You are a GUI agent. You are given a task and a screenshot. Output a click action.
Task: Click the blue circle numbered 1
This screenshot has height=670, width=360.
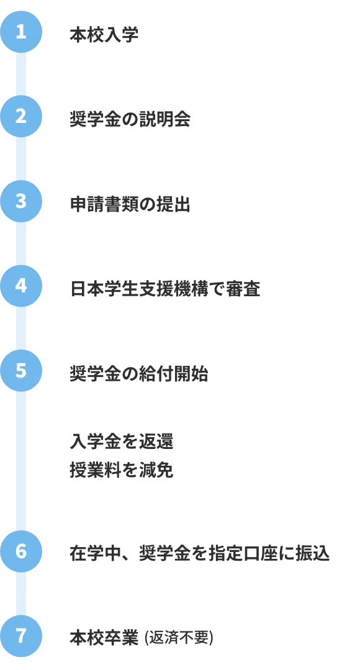click(x=21, y=32)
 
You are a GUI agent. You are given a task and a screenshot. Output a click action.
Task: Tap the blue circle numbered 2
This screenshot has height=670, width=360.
click(x=21, y=116)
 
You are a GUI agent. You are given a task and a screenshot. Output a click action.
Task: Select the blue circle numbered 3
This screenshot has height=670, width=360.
click(x=21, y=201)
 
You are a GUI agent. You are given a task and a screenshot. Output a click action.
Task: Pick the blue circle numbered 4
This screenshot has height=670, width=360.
click(x=21, y=286)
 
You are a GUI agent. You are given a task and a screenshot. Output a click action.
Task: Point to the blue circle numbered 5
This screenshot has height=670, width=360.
click(x=21, y=371)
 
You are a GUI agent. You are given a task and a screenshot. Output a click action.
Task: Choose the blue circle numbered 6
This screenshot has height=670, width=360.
click(x=21, y=551)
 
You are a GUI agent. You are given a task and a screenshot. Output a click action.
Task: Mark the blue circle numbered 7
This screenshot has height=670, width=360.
click(x=21, y=636)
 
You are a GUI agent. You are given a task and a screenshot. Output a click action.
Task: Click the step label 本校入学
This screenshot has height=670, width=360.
click(x=104, y=35)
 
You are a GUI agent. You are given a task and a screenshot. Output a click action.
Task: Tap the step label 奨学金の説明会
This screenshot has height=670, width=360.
click(x=130, y=119)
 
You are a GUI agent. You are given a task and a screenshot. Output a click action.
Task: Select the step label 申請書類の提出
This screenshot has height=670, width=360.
click(x=130, y=204)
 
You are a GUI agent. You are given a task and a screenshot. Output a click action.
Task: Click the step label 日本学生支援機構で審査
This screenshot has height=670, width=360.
click(x=165, y=289)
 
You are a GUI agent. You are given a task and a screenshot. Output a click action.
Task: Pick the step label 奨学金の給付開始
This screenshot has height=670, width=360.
click(x=139, y=374)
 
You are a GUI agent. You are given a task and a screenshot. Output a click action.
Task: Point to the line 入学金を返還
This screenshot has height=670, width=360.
click(x=121, y=441)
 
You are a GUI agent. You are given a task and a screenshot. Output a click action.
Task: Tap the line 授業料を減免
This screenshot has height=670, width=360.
click(x=121, y=471)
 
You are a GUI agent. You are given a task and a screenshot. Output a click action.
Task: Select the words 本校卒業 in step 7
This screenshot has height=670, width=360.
click(x=104, y=638)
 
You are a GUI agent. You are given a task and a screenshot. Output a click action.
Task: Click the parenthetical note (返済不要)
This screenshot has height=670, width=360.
click(x=179, y=638)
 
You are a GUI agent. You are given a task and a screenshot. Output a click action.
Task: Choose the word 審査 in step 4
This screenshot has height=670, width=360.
click(x=243, y=289)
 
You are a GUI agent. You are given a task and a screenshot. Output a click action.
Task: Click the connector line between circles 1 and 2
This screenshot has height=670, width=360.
click(x=21, y=74)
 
